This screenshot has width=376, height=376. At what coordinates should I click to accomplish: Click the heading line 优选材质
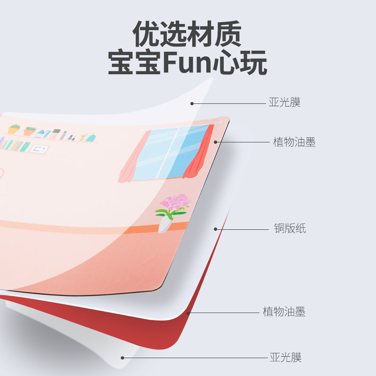[x=187, y=34]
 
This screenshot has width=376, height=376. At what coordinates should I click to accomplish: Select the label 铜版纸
[x=290, y=229]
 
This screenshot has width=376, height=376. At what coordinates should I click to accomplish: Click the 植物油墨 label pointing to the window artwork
[x=294, y=142]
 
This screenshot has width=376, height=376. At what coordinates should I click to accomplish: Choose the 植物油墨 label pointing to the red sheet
[x=284, y=311]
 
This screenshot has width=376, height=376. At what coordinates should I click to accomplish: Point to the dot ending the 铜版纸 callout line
[x=216, y=229]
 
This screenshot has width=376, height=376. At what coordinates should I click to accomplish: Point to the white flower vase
[x=164, y=225]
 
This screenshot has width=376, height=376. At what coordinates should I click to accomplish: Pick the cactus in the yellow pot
[x=14, y=129]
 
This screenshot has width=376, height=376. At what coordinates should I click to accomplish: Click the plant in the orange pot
[x=30, y=131]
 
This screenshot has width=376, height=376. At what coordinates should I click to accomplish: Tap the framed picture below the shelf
[x=39, y=149]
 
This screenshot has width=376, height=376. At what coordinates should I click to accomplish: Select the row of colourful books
[x=14, y=144]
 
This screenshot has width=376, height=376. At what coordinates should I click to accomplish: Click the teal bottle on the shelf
[x=90, y=138]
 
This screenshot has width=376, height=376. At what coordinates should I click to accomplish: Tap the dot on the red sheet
[x=188, y=312]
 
